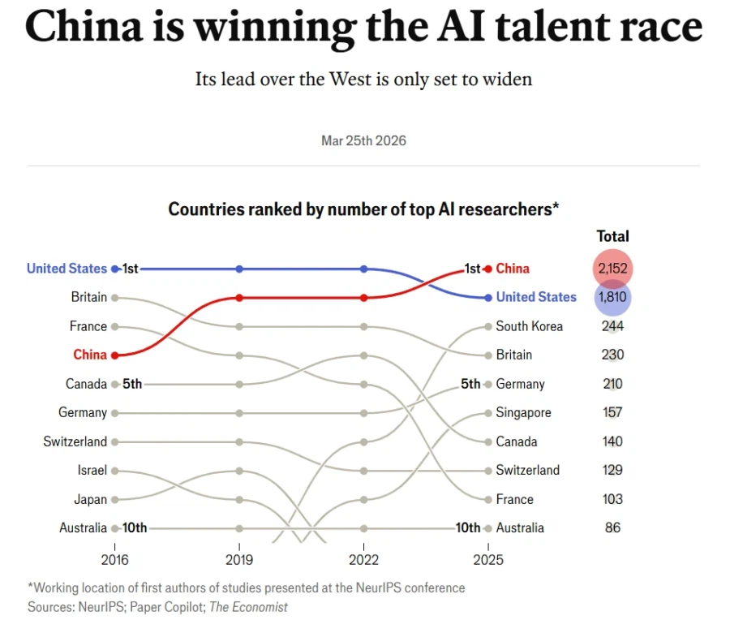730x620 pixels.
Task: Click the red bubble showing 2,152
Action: (x=612, y=269)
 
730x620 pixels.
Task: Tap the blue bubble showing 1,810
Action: (x=612, y=297)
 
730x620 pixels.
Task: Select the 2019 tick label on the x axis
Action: (x=239, y=560)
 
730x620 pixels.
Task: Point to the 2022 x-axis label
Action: (x=363, y=560)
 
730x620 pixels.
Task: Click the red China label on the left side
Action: (x=90, y=355)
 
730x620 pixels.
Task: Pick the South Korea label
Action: (x=529, y=326)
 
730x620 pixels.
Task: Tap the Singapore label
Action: (x=523, y=412)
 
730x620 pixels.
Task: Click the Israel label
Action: (x=92, y=470)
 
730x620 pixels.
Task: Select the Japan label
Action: (x=90, y=499)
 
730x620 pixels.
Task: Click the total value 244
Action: (x=612, y=326)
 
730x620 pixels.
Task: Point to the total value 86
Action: (x=612, y=527)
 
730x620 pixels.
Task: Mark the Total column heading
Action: (x=612, y=236)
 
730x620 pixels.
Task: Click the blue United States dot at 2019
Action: (x=239, y=269)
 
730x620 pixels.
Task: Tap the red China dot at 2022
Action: (x=363, y=298)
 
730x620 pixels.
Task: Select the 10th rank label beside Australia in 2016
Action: (x=135, y=527)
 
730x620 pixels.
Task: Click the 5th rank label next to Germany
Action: (x=470, y=384)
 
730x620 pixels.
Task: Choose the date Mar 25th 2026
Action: (x=363, y=140)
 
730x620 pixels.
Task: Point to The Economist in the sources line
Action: (x=248, y=606)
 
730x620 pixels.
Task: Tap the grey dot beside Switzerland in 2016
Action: (x=115, y=441)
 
